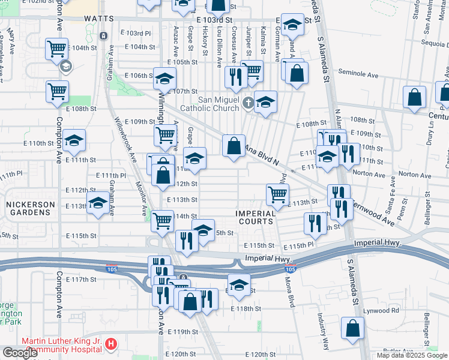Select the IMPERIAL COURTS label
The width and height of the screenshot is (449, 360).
[255, 217]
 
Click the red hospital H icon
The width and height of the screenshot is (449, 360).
[110, 344]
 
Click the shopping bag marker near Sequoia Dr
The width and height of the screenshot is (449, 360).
[415, 97]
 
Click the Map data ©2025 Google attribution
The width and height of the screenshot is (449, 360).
[411, 355]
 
